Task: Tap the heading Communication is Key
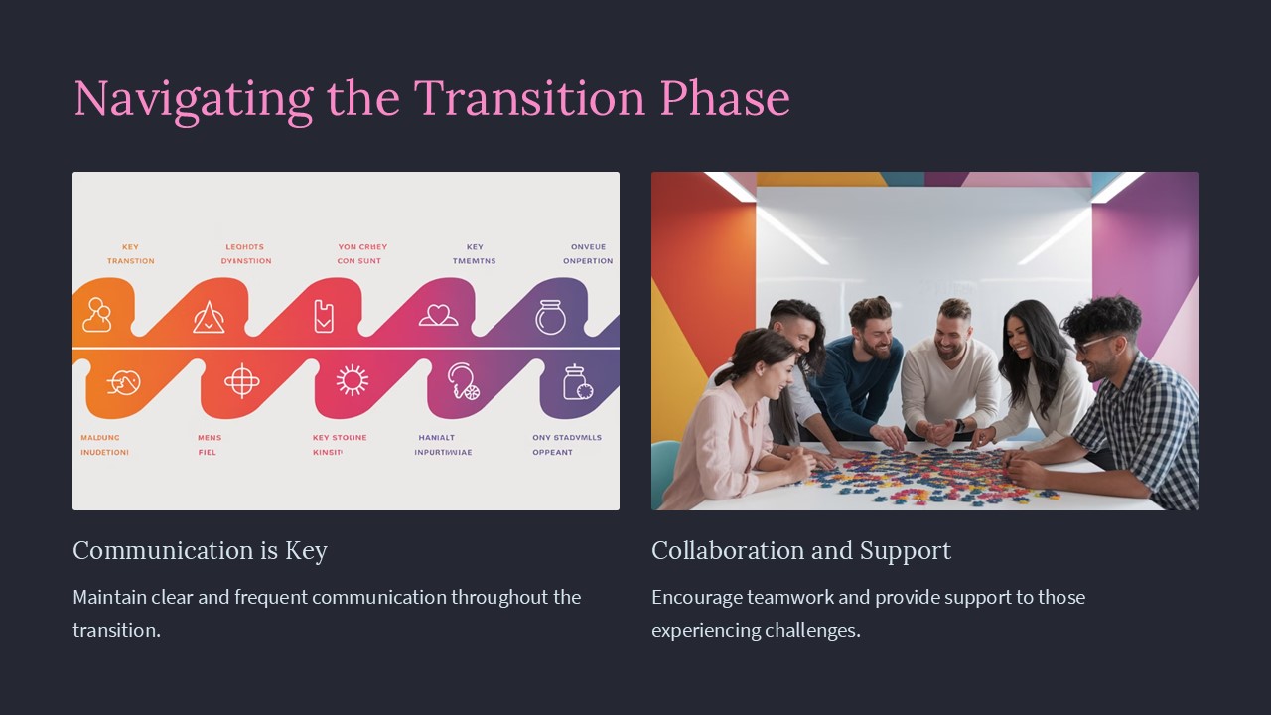(200, 550)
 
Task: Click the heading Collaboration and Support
(800, 550)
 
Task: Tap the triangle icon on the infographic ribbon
(209, 317)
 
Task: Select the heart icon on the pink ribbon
(438, 316)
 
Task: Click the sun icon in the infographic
(352, 380)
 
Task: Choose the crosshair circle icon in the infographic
(241, 380)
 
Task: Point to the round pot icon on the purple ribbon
(550, 317)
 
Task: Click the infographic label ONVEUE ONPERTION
(588, 254)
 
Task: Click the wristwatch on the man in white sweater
(959, 426)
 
